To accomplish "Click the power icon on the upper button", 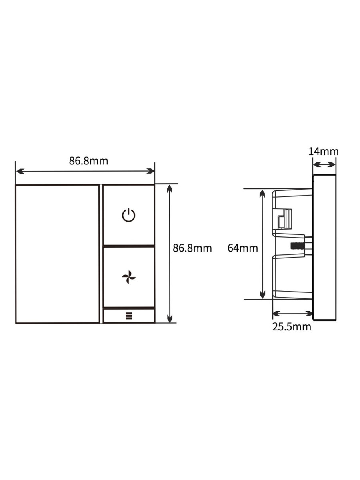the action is point(128,215).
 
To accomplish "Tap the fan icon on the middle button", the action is point(128,277).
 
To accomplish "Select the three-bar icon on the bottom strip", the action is point(129,316).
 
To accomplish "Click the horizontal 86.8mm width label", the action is point(88,161).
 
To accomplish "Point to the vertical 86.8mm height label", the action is point(192,248).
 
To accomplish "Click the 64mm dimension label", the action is point(243,248).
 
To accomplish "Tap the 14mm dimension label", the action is point(324,152).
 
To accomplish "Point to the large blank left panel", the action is point(57,254).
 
